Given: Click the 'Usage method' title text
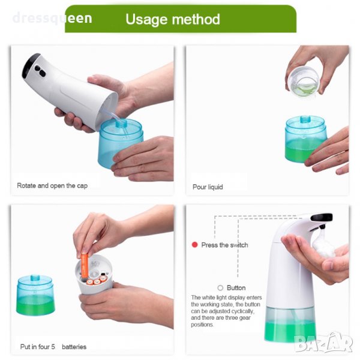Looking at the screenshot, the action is click(173, 19).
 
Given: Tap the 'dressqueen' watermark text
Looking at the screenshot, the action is click(52, 18).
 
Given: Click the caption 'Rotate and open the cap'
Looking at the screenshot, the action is click(52, 185).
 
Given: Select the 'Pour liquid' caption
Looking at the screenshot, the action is click(208, 187).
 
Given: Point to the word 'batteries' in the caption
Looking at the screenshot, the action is click(74, 347).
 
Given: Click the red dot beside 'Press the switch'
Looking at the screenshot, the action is click(194, 245).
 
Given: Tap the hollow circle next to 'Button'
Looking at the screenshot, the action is click(220, 287).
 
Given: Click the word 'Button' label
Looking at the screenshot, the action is click(236, 287).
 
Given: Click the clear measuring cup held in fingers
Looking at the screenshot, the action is click(303, 82).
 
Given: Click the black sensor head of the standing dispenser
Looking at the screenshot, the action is click(322, 217).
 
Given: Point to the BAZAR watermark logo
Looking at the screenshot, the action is click(323, 343).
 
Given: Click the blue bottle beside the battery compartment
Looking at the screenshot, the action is click(35, 295).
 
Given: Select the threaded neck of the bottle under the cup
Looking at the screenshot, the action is click(305, 119).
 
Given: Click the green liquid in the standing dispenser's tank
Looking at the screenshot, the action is click(290, 331).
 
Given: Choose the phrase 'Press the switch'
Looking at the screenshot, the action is click(224, 245).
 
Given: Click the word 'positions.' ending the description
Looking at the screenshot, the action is click(202, 325).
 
